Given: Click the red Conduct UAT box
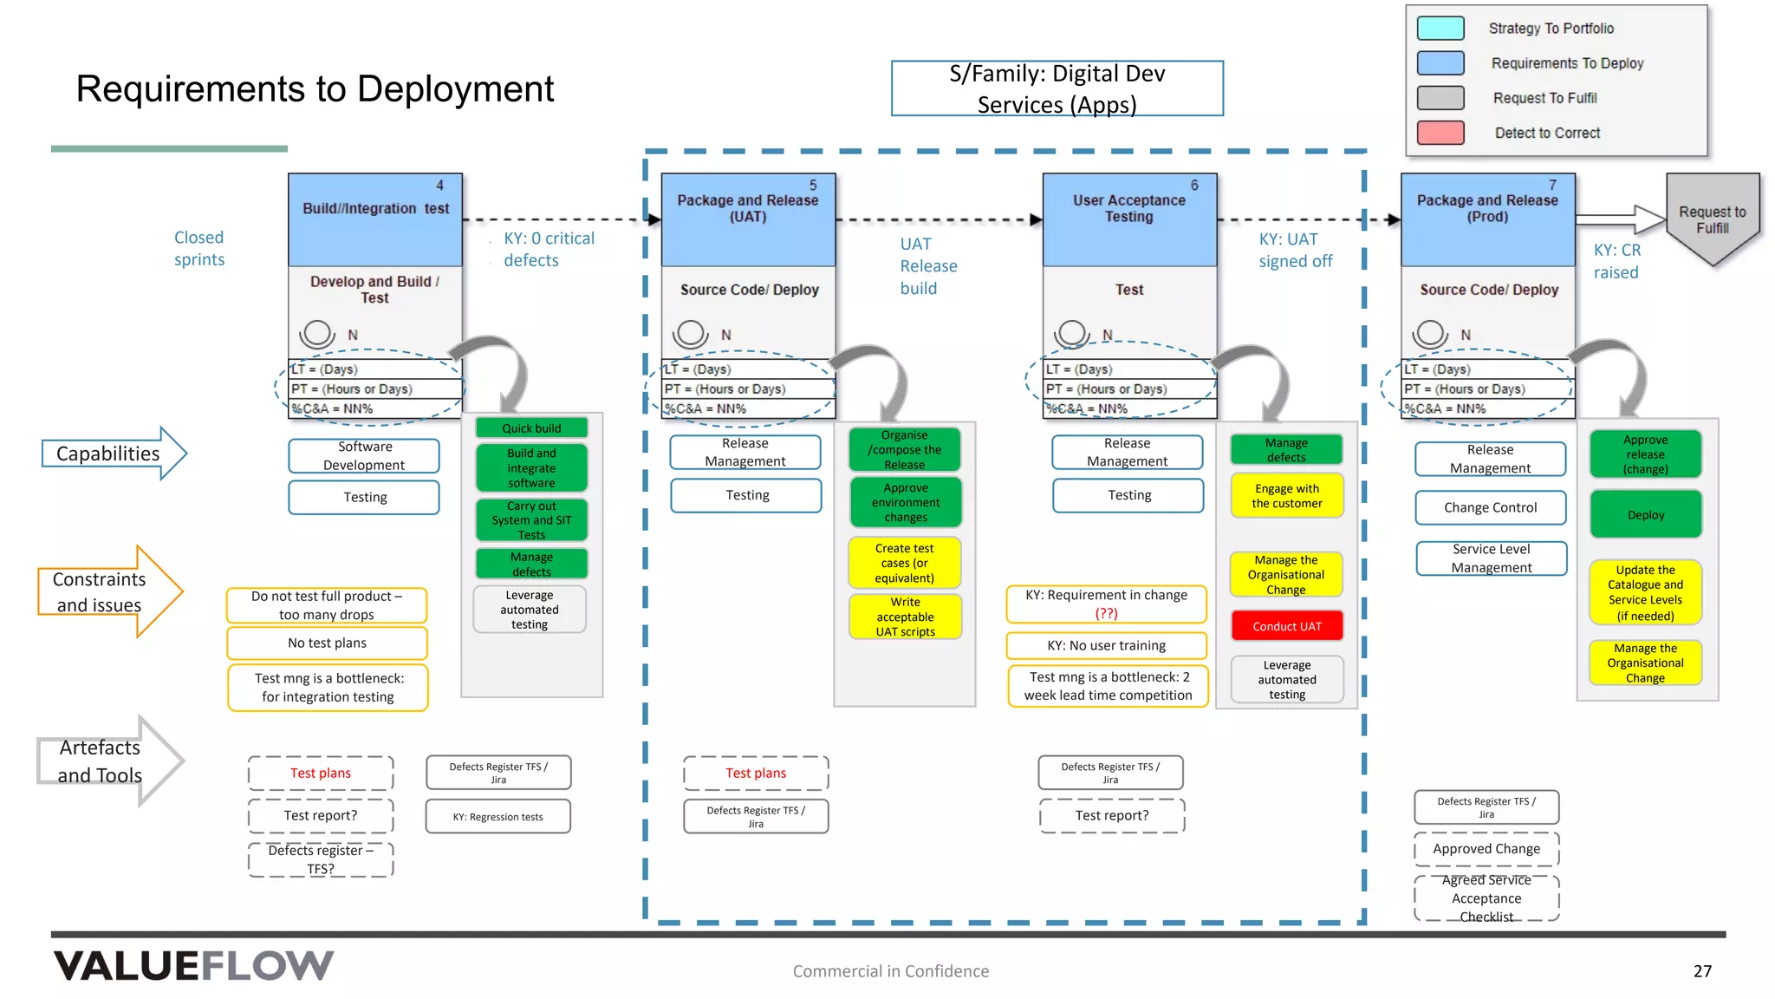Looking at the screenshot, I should pyautogui.click(x=1286, y=626).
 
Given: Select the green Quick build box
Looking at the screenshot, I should pyautogui.click(x=531, y=428).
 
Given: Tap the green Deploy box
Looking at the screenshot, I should pyautogui.click(x=1645, y=514).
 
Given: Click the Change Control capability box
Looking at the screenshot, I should pyautogui.click(x=1490, y=507).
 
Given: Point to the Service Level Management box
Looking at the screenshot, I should pyautogui.click(x=1491, y=558).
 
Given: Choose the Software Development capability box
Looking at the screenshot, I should pyautogui.click(x=364, y=456).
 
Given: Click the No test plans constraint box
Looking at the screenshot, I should pyautogui.click(x=327, y=643).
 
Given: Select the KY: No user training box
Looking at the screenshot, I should pyautogui.click(x=1106, y=645).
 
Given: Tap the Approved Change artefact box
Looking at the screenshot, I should pyautogui.click(x=1486, y=849).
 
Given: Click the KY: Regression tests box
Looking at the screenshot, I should pyautogui.click(x=497, y=817).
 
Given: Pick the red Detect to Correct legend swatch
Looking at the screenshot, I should pyautogui.click(x=1440, y=133).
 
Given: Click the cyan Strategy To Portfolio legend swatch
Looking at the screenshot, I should pyautogui.click(x=1440, y=29).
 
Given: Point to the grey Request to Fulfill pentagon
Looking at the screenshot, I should pyautogui.click(x=1712, y=219).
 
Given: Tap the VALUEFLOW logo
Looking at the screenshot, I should pyautogui.click(x=193, y=966).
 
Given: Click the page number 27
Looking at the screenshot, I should pyautogui.click(x=1702, y=971).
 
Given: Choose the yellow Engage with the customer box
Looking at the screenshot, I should pyautogui.click(x=1286, y=496).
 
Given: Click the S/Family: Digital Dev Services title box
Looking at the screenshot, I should pyautogui.click(x=1057, y=88).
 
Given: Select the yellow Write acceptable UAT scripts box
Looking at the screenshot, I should pyautogui.click(x=905, y=617).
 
